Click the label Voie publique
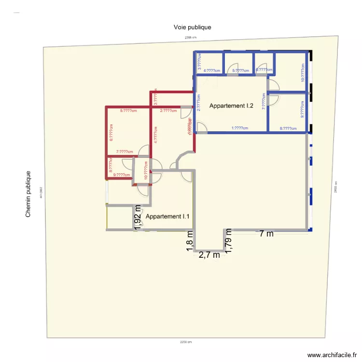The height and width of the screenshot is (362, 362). [x=192, y=28]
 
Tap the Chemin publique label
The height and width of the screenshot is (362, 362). [x=28, y=194]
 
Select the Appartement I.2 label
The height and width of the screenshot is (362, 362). [x=231, y=106]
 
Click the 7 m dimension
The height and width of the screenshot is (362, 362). [x=266, y=234]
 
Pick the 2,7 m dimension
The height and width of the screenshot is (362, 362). [x=209, y=255]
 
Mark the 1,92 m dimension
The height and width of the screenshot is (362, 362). [x=138, y=217]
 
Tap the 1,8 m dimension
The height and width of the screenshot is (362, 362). [x=190, y=240]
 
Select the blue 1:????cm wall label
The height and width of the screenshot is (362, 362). [x=240, y=128]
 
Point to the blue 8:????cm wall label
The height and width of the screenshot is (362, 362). [x=288, y=128]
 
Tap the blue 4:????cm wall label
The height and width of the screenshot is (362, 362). [x=212, y=70]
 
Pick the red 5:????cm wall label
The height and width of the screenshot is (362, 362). [x=128, y=111]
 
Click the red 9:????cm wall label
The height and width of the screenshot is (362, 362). [x=122, y=175]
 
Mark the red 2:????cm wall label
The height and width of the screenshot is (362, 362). [x=168, y=111]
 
